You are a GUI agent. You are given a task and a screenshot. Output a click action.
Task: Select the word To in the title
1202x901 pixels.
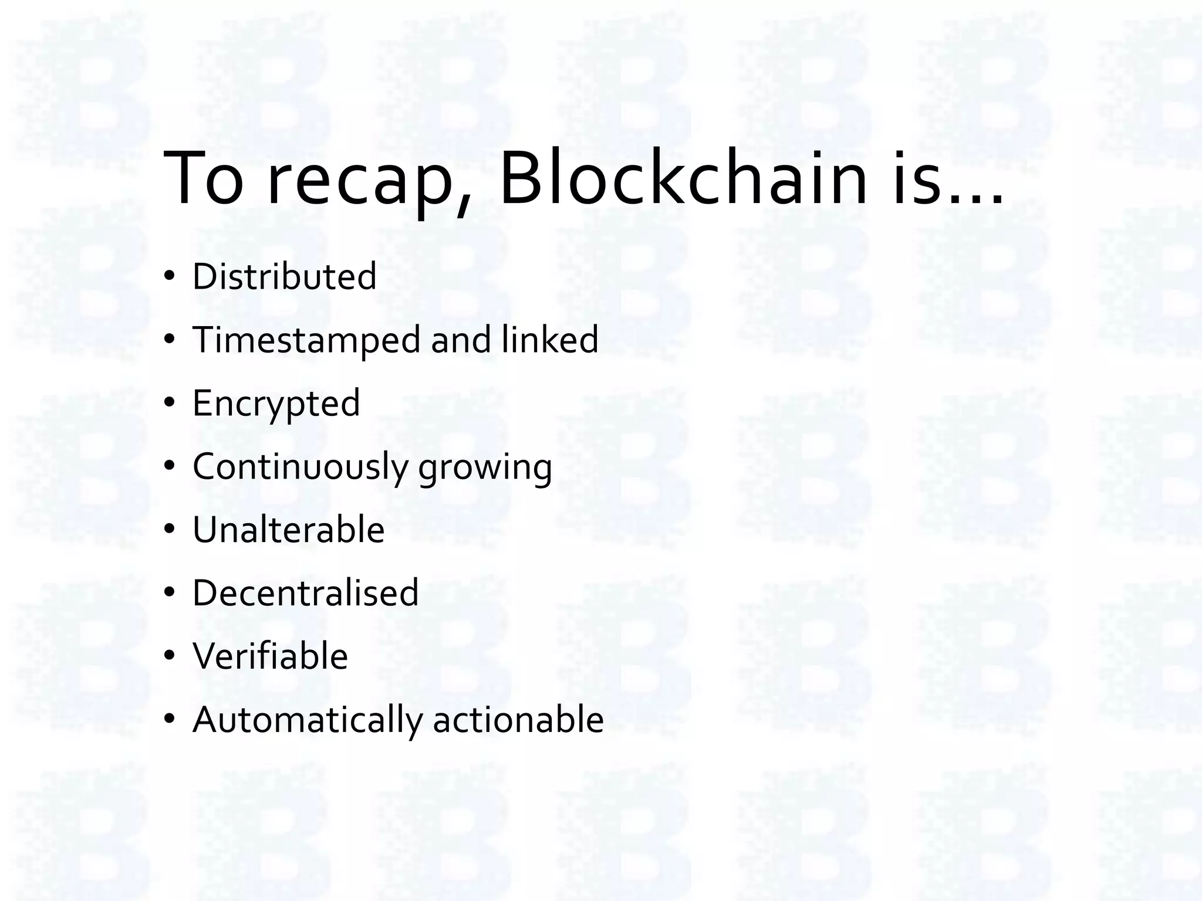coord(203,178)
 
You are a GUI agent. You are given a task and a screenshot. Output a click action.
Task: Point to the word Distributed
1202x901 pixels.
coord(285,276)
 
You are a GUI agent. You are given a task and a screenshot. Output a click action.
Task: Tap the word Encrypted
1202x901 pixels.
coord(276,404)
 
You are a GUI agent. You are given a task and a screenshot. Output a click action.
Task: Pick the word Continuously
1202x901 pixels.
coord(300,468)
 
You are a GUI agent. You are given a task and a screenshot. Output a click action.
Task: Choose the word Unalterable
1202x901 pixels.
coord(289,530)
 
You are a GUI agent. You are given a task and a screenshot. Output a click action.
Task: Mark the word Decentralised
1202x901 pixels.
coord(306,593)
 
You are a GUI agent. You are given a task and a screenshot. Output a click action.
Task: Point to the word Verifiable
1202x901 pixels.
coord(271,656)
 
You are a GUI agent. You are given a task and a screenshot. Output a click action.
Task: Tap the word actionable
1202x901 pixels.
coord(518,720)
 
